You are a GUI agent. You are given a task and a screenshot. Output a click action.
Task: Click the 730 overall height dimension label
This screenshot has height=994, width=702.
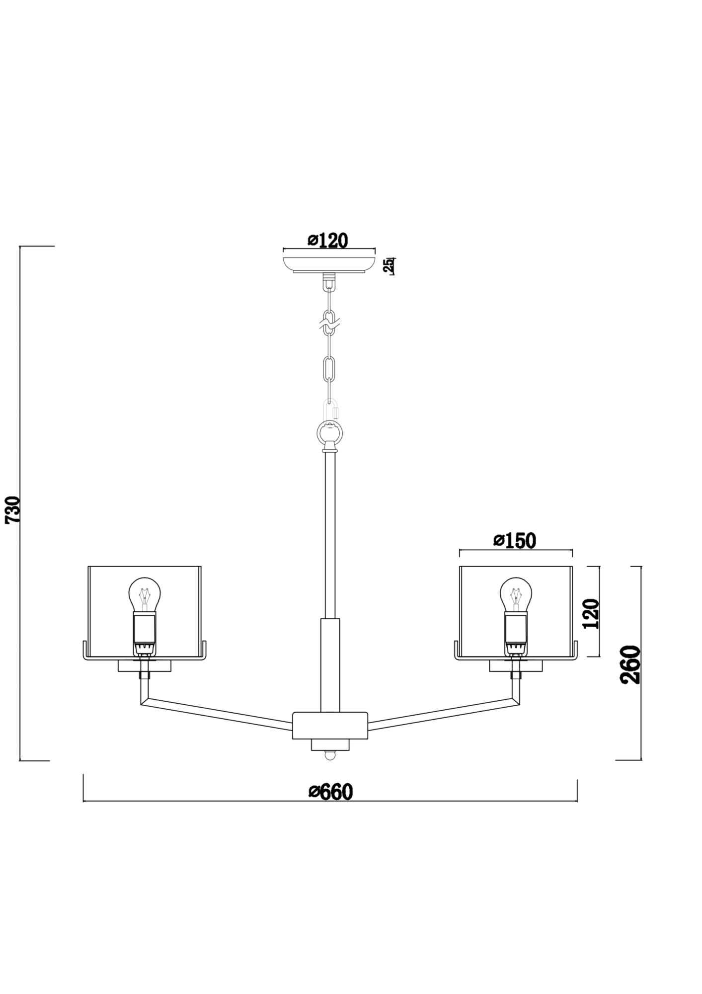coord(13,509)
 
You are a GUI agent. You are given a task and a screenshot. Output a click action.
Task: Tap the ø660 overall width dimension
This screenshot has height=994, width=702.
coord(330,791)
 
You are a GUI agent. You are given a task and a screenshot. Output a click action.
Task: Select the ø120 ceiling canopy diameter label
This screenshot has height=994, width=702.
coord(328,241)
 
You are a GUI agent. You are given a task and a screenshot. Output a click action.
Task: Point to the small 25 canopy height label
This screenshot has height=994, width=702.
coord(389,265)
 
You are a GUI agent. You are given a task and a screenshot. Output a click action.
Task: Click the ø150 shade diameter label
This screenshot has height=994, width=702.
coord(515,541)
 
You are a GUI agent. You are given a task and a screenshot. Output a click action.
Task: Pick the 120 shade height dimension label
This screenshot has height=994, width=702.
coord(592,614)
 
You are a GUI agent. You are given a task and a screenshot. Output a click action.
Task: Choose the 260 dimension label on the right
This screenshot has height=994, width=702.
coord(631,665)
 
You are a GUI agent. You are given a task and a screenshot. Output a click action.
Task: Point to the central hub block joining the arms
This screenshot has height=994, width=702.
coord(330,726)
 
